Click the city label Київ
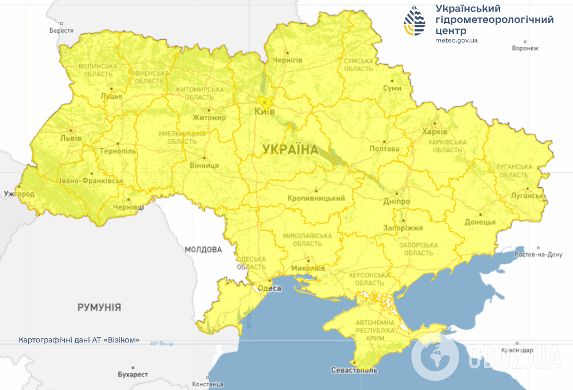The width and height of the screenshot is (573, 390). point(264,111)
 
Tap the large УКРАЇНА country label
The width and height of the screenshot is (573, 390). point(290,150)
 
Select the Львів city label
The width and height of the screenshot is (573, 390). point(71,138)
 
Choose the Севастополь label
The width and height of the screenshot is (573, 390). point(354,370)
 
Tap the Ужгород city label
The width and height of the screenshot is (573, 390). point(19,194)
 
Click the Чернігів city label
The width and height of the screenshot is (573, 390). point(287,60)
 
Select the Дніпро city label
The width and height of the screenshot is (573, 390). point(396,202)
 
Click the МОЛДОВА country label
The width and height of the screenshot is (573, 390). point(203,250)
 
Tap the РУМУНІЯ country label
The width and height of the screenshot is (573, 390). point(99,307)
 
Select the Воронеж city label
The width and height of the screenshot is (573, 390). point(525,48)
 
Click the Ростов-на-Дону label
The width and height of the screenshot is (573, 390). point(538,254)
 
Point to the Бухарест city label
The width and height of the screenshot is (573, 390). point(133,374)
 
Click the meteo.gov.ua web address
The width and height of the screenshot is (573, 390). point(456,40)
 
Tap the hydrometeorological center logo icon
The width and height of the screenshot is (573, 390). point(416,21)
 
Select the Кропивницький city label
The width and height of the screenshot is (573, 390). point(316,198)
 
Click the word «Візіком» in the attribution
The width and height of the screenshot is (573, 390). point(121,339)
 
